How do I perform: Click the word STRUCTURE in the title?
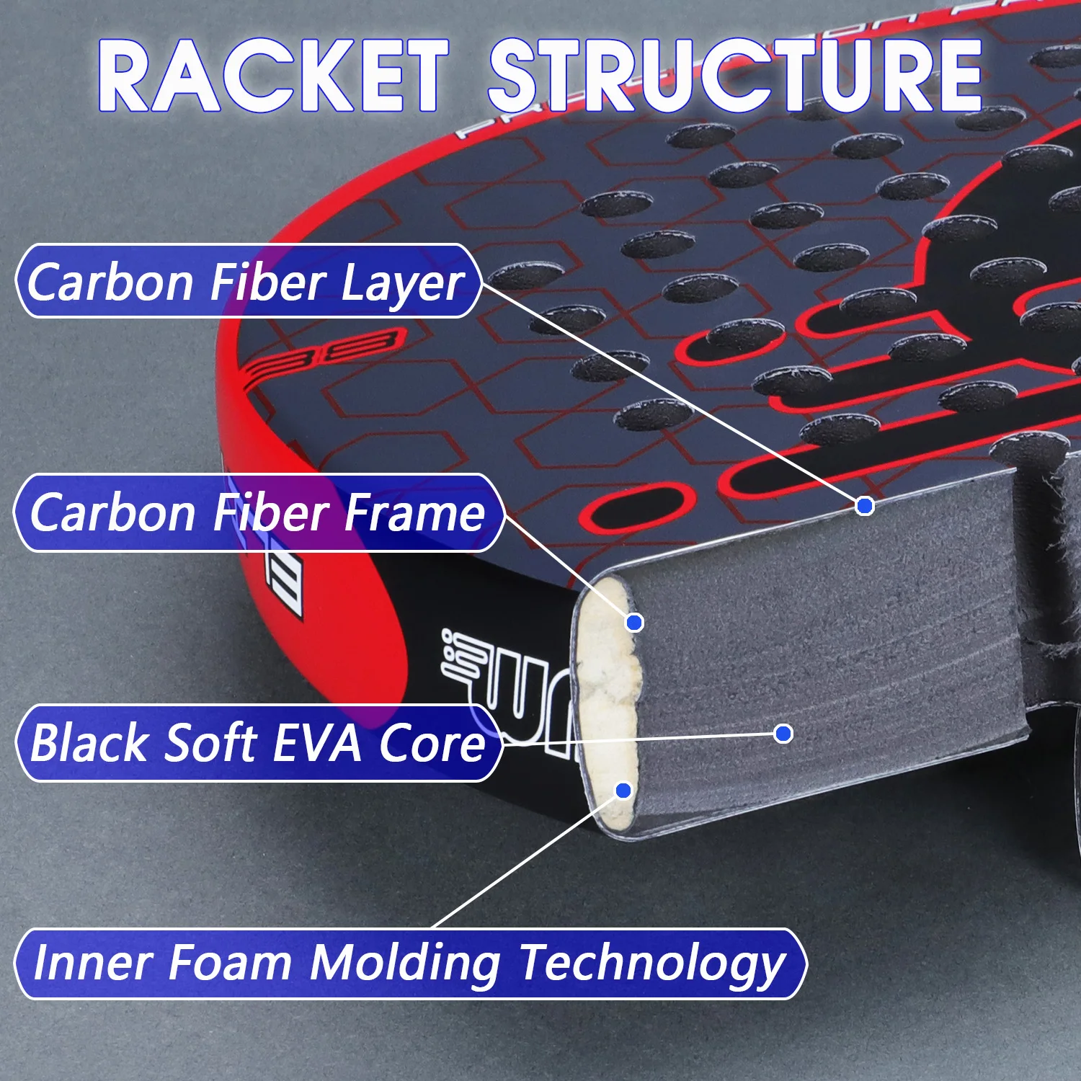pos(735,76)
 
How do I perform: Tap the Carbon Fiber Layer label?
pos(246,281)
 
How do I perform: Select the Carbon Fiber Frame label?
pos(257,512)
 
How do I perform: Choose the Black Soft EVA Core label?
pos(257,743)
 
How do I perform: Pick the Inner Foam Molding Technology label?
pos(409,964)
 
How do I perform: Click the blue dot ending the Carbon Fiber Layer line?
pos(865,506)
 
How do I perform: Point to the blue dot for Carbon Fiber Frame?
pos(634,622)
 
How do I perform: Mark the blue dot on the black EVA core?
pos(783,734)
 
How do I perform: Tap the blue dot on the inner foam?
pos(624,791)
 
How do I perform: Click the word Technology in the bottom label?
pos(652,964)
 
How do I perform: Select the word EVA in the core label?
pos(317,743)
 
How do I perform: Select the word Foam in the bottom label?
pos(230,964)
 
